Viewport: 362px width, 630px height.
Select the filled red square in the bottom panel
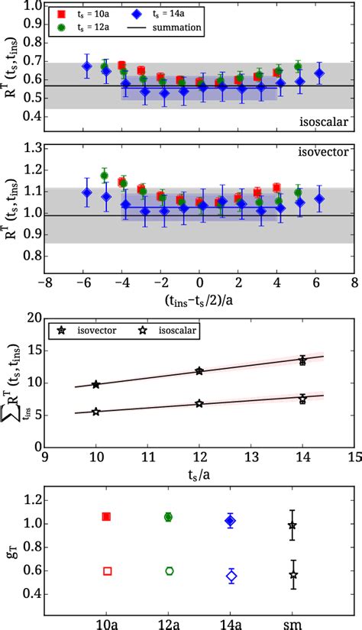point(107,517)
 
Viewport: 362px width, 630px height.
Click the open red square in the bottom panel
point(107,570)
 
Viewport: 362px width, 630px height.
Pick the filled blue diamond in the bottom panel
point(231,520)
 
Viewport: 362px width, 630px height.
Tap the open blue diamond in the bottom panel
point(231,576)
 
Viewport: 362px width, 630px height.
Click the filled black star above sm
point(293,525)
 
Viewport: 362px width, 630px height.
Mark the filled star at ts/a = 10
point(95,384)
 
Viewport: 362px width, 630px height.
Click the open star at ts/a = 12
point(199,403)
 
